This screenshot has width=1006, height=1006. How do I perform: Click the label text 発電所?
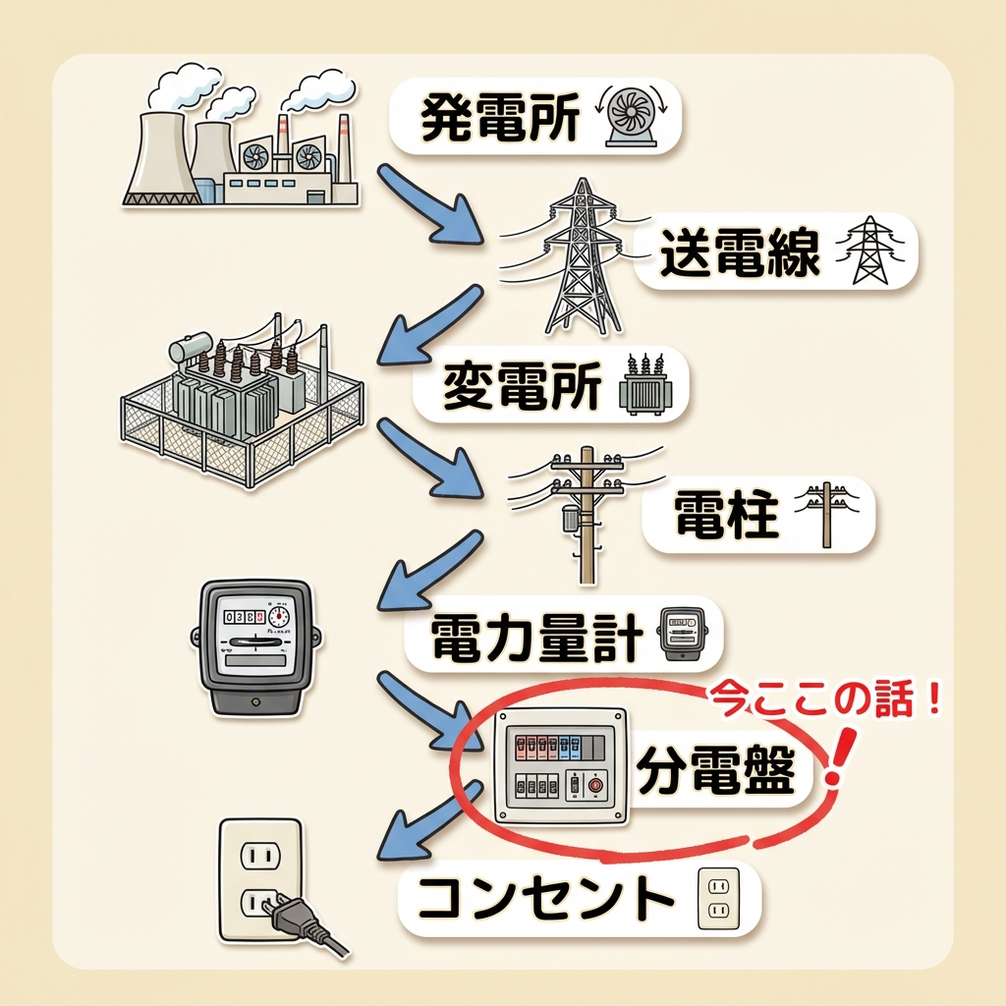(500, 119)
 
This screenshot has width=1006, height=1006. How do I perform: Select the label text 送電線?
(740, 252)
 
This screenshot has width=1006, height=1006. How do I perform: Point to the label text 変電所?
(522, 385)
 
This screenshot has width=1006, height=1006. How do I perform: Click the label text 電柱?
(727, 515)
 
